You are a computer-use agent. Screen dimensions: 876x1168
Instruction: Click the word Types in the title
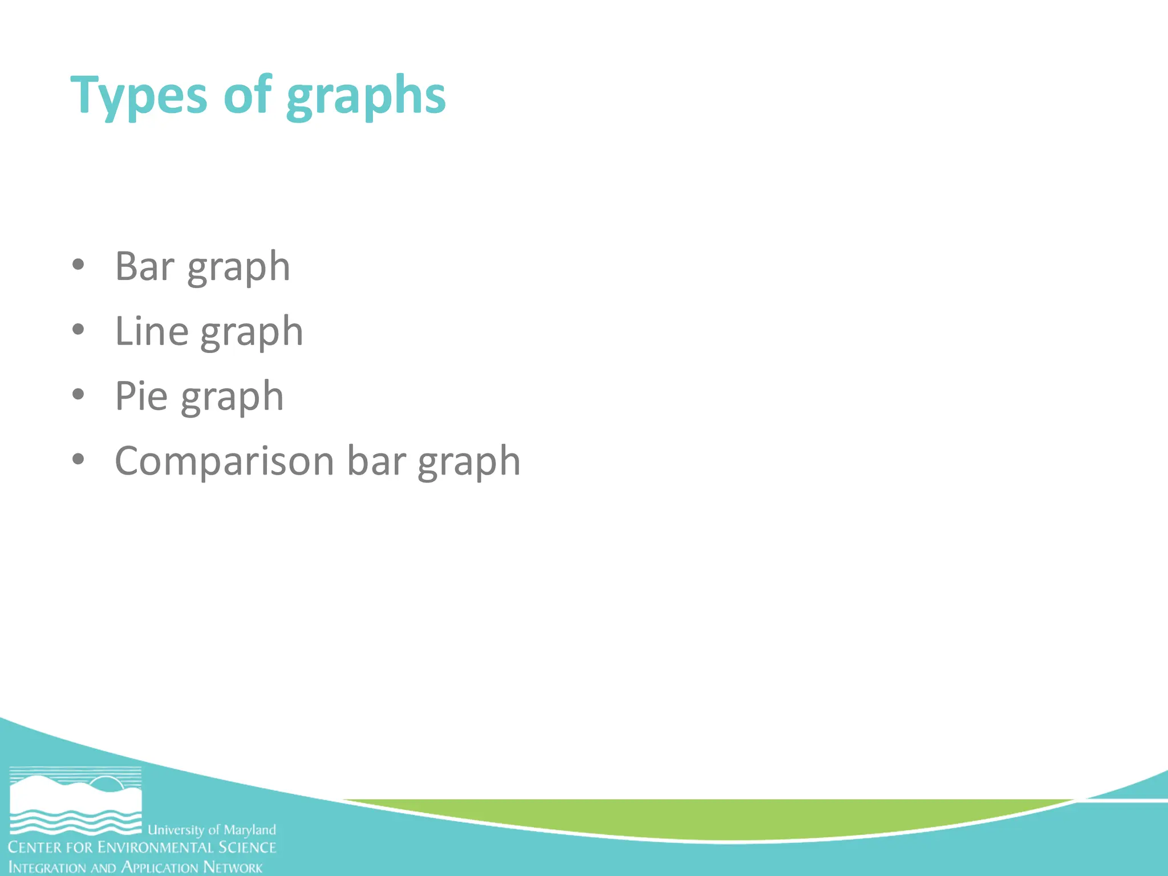[139, 96]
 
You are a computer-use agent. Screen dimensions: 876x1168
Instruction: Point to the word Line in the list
[152, 331]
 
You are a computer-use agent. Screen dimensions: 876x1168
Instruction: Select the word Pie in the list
[141, 395]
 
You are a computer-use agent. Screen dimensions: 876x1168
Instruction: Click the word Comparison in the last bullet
[224, 461]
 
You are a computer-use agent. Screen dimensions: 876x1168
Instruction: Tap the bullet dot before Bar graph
[79, 265]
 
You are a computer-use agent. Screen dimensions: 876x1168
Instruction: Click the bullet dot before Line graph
[79, 329]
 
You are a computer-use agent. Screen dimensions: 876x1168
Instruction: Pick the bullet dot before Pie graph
[79, 394]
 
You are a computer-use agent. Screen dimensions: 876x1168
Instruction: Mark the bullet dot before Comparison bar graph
[79, 459]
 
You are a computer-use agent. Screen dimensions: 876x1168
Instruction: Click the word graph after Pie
[232, 398]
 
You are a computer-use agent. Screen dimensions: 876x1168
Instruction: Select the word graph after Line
[252, 332]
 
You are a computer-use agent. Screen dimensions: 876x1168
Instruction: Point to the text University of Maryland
[212, 829]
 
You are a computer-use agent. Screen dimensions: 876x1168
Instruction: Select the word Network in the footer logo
[233, 867]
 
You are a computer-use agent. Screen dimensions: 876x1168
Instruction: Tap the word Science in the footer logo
[248, 847]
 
